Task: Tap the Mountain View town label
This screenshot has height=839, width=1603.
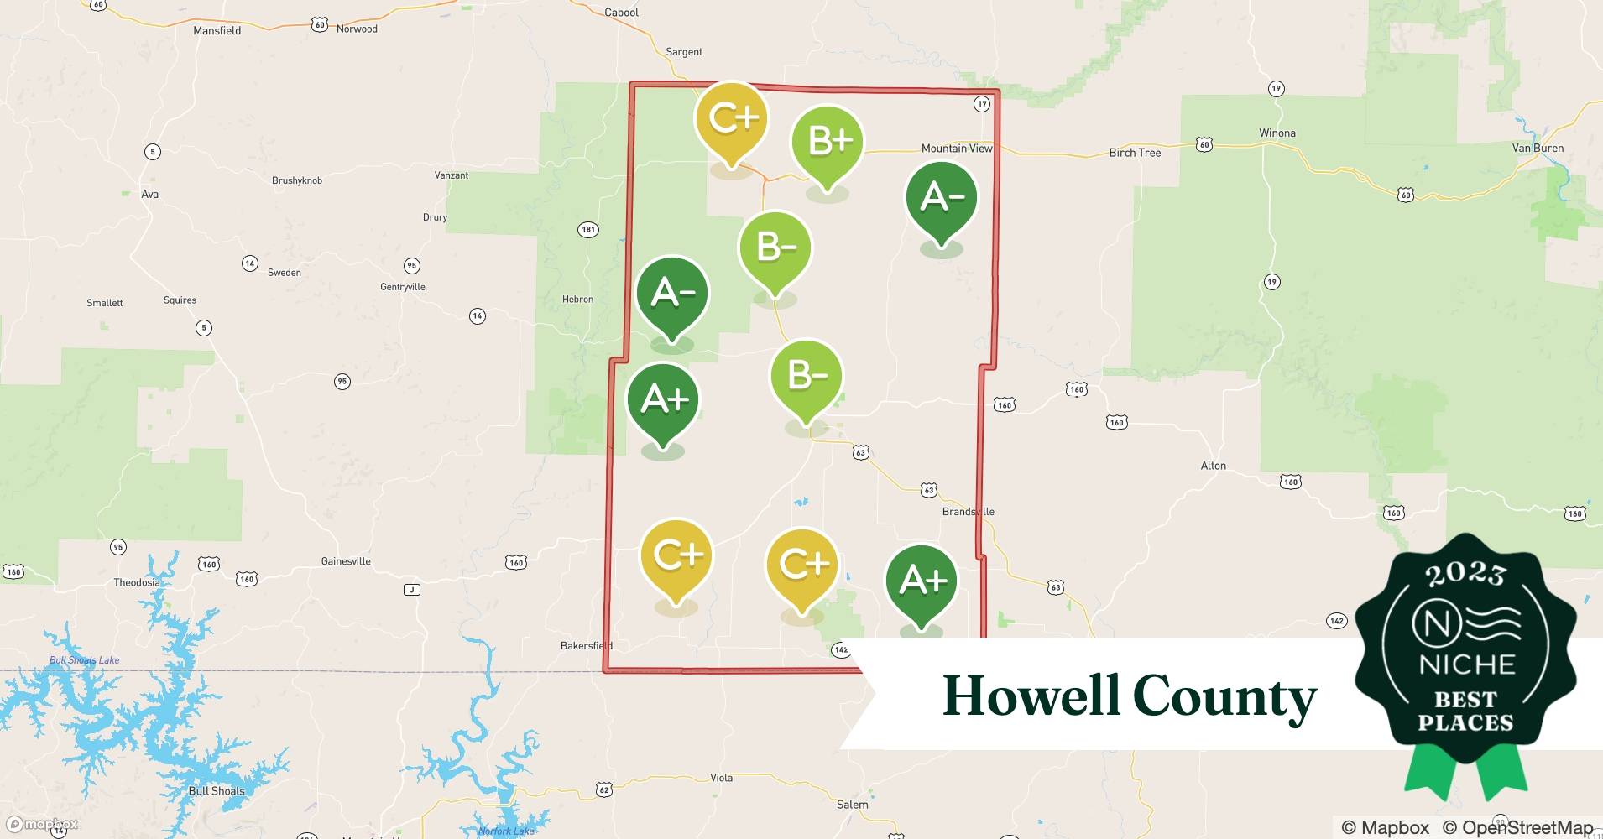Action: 956,149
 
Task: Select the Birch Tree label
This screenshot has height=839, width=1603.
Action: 1135,153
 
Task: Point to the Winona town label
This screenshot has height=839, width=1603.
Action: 1277,133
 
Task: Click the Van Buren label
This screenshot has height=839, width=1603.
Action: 1538,149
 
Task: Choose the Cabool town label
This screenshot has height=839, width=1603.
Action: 621,13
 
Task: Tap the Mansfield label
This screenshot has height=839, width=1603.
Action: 217,31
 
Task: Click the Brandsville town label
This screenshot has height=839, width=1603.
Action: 968,512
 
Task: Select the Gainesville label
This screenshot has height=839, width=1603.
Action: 346,562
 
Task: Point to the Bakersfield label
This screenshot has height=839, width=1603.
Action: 586,646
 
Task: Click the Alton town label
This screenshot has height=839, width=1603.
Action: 1213,466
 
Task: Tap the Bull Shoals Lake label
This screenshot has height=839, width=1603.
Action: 84,660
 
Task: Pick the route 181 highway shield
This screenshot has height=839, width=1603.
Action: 588,230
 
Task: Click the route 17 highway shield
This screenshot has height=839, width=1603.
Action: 982,104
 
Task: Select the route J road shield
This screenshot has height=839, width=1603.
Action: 411,590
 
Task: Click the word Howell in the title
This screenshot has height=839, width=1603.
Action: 1031,696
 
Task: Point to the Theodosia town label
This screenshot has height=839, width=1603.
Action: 136,583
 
